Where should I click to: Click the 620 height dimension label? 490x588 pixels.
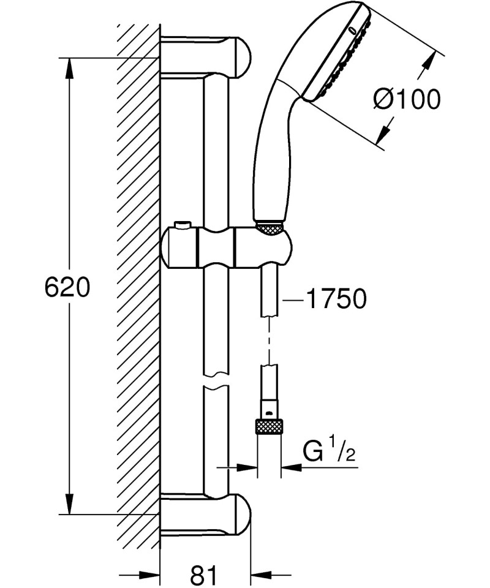(67, 287)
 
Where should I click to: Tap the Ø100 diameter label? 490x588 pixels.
(407, 99)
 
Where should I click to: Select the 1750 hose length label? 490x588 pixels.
(336, 299)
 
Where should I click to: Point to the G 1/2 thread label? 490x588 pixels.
(329, 454)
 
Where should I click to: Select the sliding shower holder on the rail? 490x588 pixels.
(224, 246)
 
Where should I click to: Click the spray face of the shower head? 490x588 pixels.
(342, 58)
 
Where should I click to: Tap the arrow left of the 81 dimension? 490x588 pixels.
(149, 575)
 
